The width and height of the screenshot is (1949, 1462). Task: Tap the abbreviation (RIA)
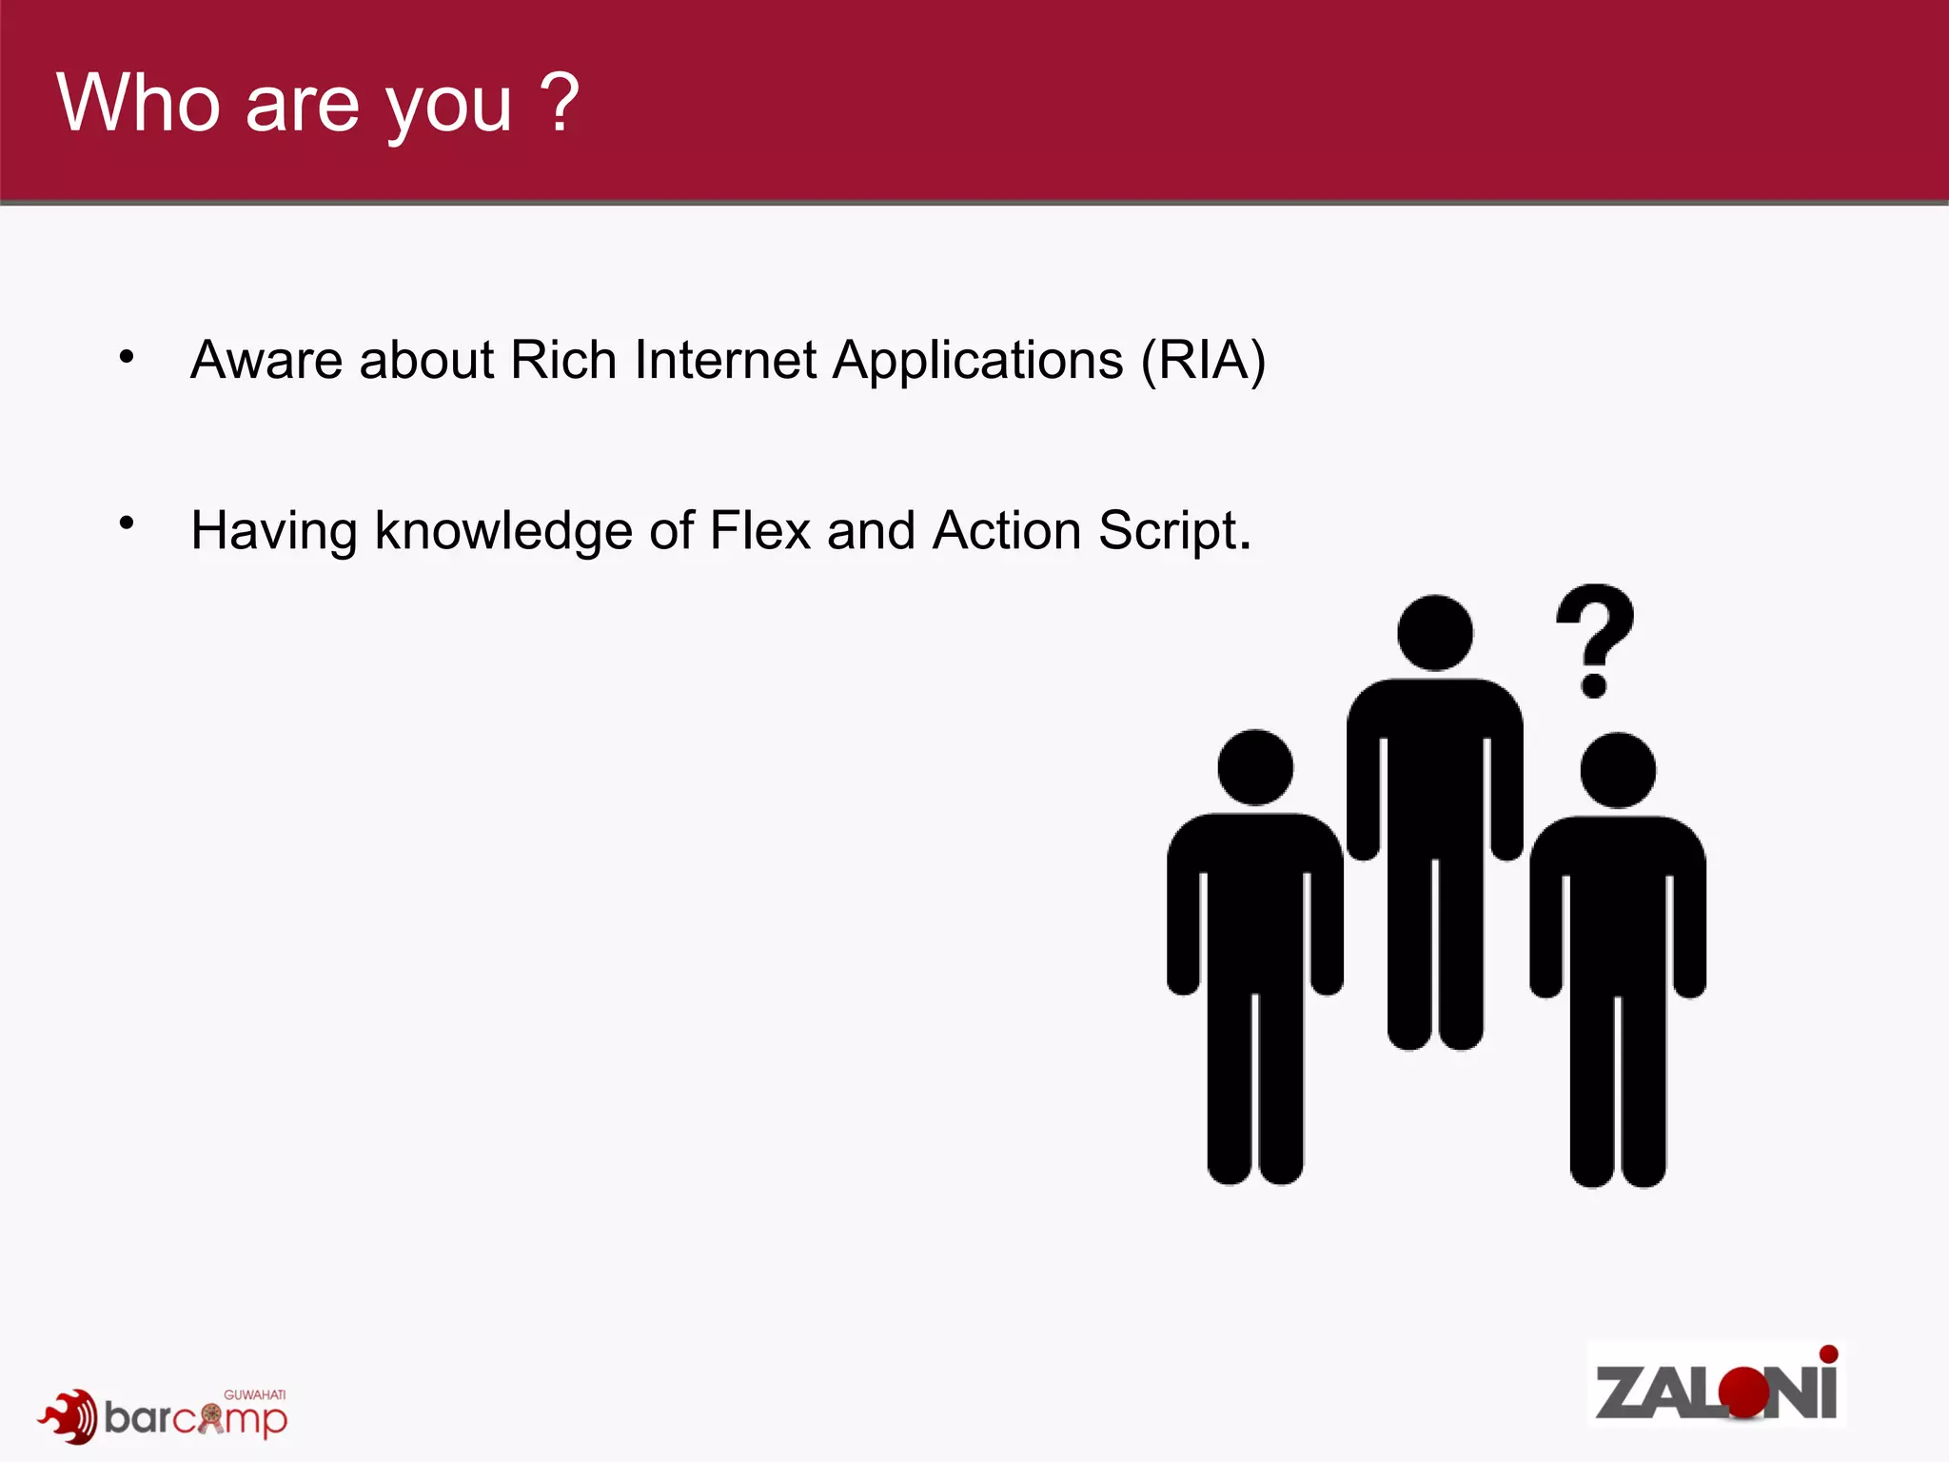tap(1203, 360)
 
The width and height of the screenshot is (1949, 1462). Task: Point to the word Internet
tap(725, 360)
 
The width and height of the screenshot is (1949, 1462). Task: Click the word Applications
tap(977, 362)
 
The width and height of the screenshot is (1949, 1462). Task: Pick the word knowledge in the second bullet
tap(502, 531)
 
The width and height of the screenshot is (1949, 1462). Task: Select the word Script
tap(1173, 531)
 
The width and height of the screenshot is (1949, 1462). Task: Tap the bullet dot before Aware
tap(127, 358)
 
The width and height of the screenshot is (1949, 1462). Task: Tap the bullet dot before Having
tap(127, 523)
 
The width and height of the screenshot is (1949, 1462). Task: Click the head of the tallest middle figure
tap(1435, 633)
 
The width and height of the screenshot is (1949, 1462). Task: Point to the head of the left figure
tap(1255, 767)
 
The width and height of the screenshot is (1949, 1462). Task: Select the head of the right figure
tap(1618, 770)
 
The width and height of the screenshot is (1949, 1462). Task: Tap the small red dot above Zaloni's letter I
tap(1828, 1353)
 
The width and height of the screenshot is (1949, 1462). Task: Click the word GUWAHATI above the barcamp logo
tap(254, 1394)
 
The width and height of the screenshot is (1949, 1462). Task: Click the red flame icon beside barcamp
tap(69, 1416)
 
